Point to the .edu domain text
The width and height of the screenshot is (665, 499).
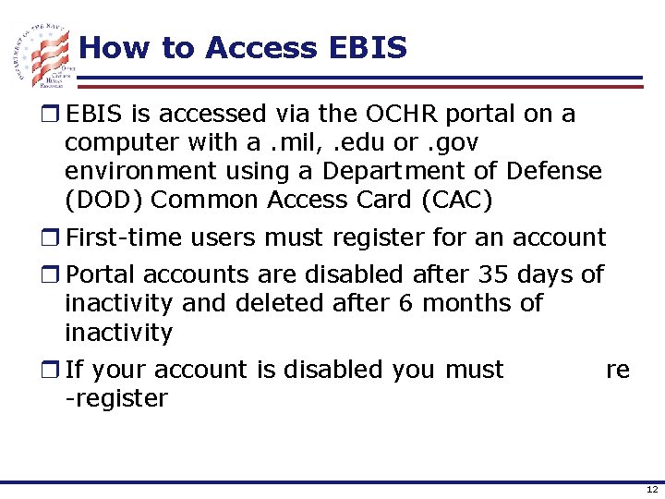click(355, 142)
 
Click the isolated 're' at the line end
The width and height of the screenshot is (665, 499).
click(618, 370)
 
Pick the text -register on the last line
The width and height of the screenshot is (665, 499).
click(116, 398)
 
